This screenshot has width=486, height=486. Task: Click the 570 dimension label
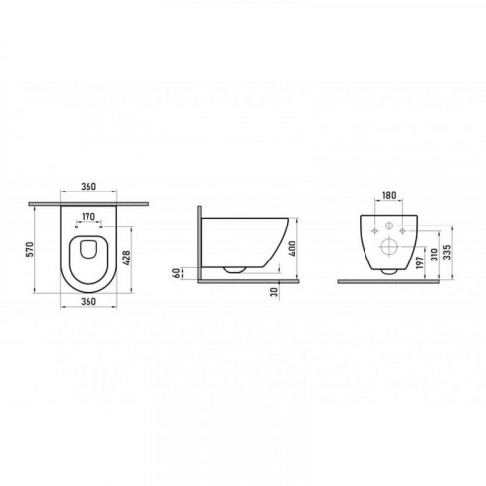click(30, 249)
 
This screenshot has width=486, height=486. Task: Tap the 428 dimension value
click(127, 258)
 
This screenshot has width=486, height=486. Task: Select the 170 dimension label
click(88, 216)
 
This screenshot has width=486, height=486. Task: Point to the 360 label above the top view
click(88, 187)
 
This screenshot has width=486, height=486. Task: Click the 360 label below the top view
click(88, 301)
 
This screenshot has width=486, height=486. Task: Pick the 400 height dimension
click(293, 249)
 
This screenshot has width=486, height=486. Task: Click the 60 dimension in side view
click(177, 273)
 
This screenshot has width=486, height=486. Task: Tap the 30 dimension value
click(275, 293)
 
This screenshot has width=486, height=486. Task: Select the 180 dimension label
click(389, 195)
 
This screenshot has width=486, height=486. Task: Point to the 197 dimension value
click(420, 262)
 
